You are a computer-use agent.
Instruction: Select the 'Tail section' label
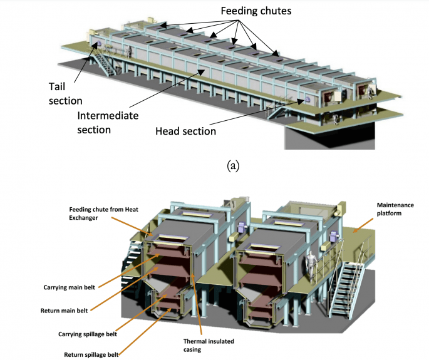point(65,93)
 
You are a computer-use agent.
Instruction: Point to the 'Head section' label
point(186,131)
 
